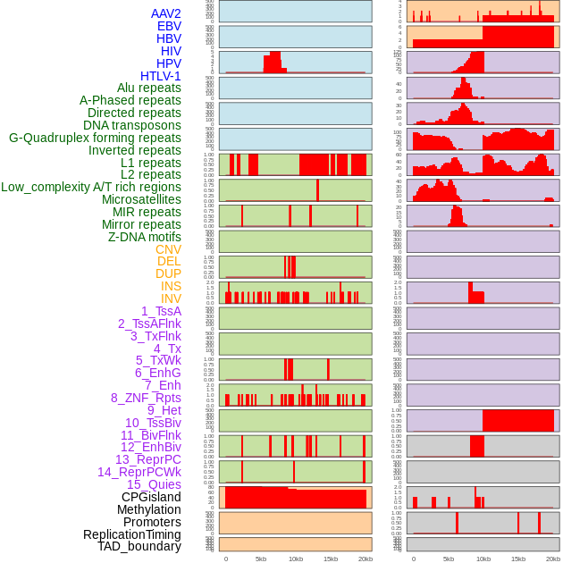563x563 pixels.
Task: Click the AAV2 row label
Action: click(165, 13)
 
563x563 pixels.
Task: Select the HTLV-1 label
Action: click(160, 76)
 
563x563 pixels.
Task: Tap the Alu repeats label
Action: click(148, 88)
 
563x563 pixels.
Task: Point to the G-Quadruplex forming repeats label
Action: click(95, 138)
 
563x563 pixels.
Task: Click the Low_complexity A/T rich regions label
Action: click(91, 187)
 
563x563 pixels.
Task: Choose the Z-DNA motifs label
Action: click(144, 237)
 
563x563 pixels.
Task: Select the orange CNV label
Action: click(168, 249)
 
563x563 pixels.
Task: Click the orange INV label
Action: click(170, 298)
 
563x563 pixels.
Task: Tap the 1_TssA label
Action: click(161, 311)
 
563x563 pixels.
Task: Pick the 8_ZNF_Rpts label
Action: click(146, 398)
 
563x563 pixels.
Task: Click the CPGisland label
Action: click(151, 497)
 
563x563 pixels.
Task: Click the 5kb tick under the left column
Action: click(261, 559)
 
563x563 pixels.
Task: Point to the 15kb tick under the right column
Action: click(517, 559)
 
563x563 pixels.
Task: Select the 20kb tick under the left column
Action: click(365, 559)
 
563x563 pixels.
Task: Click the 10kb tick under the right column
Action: click(483, 559)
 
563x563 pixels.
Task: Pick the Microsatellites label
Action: click(141, 199)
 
